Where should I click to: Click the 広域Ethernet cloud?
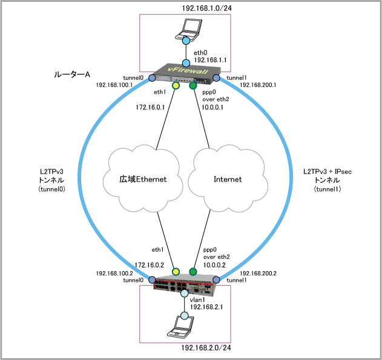coord(143,178)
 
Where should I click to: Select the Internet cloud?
coord(228,178)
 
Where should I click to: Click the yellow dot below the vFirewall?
coord(176,86)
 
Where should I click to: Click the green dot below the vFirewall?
coord(193,86)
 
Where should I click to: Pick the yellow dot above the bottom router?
coord(176,272)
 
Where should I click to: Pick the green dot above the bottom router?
coord(193,272)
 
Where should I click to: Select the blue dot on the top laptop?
coord(186,41)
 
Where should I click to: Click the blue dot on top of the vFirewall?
coord(186,63)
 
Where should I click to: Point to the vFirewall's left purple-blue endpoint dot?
coord(153,78)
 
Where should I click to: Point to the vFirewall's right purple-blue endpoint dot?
coord(216,78)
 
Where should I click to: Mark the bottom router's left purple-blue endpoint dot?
coord(153,280)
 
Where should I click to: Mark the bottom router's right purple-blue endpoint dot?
coord(216,280)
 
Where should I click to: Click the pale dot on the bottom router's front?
coord(184,293)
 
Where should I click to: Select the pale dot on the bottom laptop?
coord(184,316)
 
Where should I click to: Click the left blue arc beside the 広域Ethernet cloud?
coord(81,175)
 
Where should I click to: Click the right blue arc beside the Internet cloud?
coord(291,175)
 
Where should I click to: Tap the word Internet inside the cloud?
coord(228,180)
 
